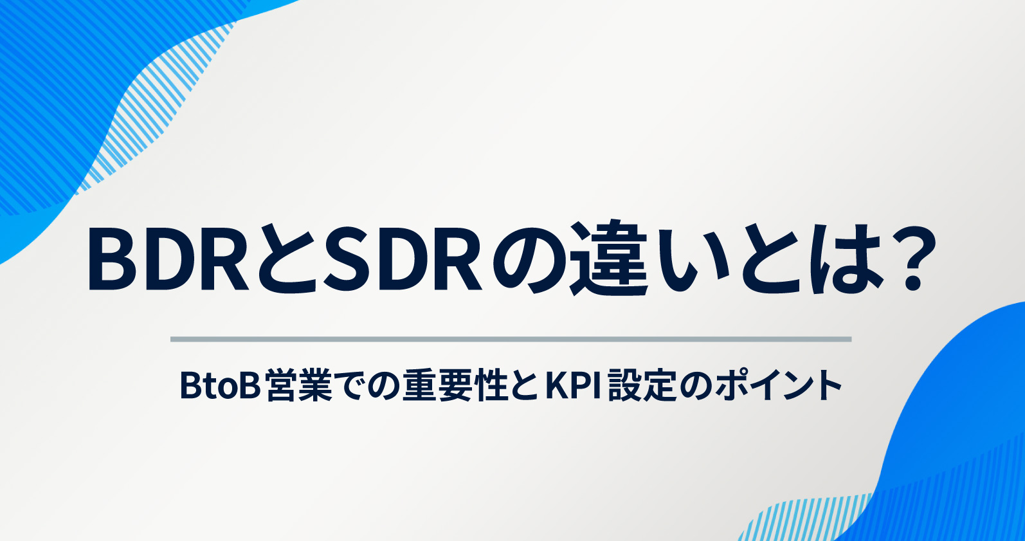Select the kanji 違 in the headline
click(608, 259)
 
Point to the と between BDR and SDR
click(287, 259)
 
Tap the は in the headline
click(846, 259)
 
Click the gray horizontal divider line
click(511, 339)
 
